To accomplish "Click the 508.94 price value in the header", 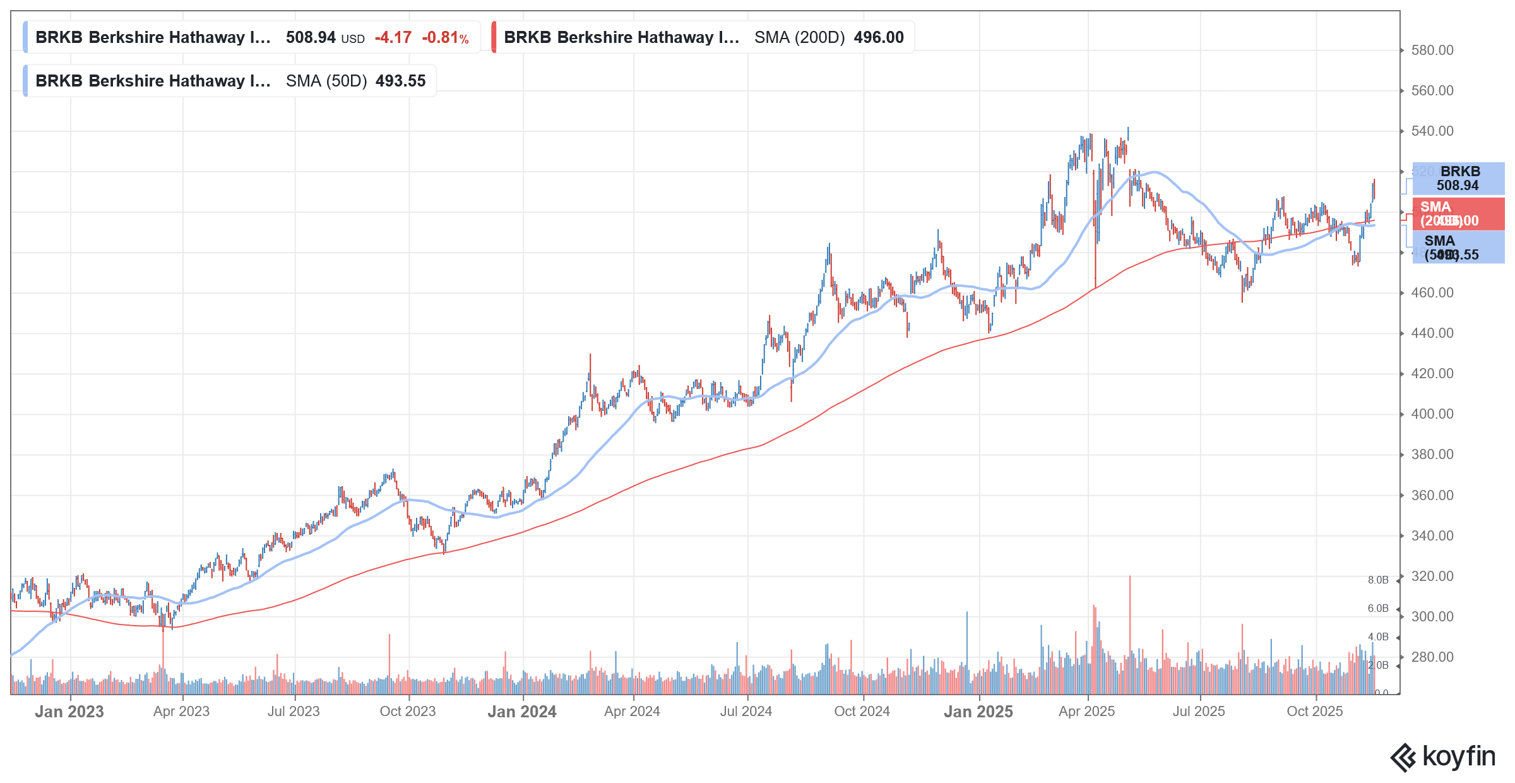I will (x=311, y=38).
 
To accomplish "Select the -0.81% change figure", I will (x=445, y=38).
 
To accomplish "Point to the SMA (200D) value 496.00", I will (x=879, y=38).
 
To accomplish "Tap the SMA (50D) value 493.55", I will (x=400, y=81).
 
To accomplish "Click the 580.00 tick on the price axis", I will (x=1432, y=51).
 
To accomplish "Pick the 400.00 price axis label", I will (x=1432, y=414).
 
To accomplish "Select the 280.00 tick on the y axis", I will (x=1432, y=657).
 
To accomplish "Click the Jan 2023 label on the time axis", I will (x=69, y=712).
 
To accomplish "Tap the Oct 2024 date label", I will (x=862, y=712).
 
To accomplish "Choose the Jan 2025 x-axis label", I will (x=978, y=712).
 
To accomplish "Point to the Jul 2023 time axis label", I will (x=294, y=712).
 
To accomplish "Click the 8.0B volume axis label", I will (x=1378, y=580).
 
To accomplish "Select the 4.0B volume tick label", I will (x=1378, y=637).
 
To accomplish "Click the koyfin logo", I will (x=1443, y=757).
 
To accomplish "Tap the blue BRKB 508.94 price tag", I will (x=1458, y=179).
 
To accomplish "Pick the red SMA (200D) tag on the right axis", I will (x=1458, y=214).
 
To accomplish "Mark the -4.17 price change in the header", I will (x=393, y=38).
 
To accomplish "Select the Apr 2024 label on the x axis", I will (x=632, y=712).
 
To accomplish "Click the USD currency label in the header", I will (x=353, y=39).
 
